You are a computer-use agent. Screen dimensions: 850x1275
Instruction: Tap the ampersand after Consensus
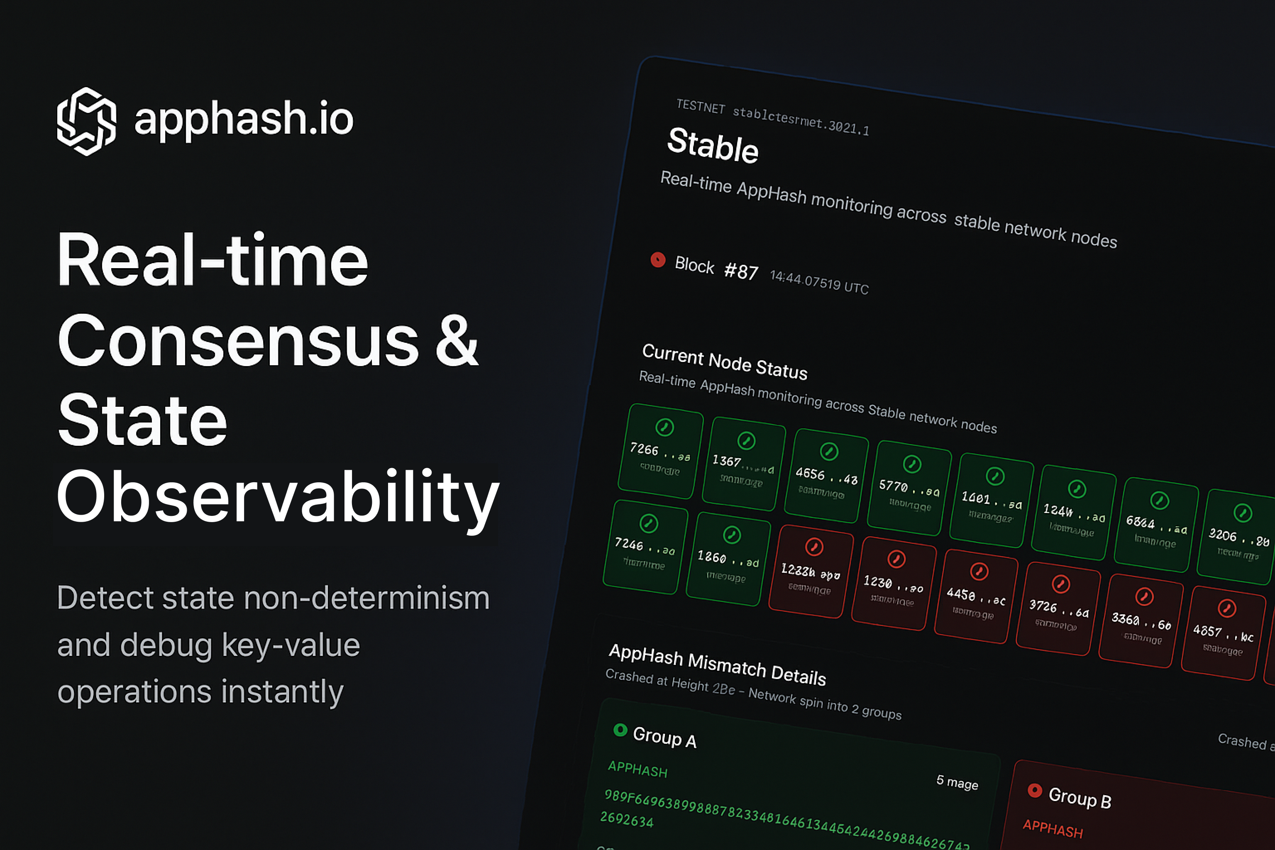pos(457,341)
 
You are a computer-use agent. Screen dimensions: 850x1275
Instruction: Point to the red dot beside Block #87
pos(657,260)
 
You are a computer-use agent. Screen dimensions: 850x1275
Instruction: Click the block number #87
pos(741,271)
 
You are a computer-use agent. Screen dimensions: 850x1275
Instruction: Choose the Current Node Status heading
pos(724,361)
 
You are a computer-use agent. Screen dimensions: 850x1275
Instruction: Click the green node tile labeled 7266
pos(660,451)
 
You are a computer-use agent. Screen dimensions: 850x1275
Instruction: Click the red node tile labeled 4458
pos(975,596)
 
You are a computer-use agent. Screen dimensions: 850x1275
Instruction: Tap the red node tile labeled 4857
pos(1223,633)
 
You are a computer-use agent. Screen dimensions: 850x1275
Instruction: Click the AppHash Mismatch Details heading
pos(717,664)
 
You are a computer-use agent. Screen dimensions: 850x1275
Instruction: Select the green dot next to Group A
pos(620,730)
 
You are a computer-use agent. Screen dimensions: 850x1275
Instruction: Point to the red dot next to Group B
pos(1034,790)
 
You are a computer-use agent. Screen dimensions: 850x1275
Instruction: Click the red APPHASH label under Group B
pos(1052,829)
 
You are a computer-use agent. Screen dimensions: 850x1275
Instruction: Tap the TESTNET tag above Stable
pos(701,106)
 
